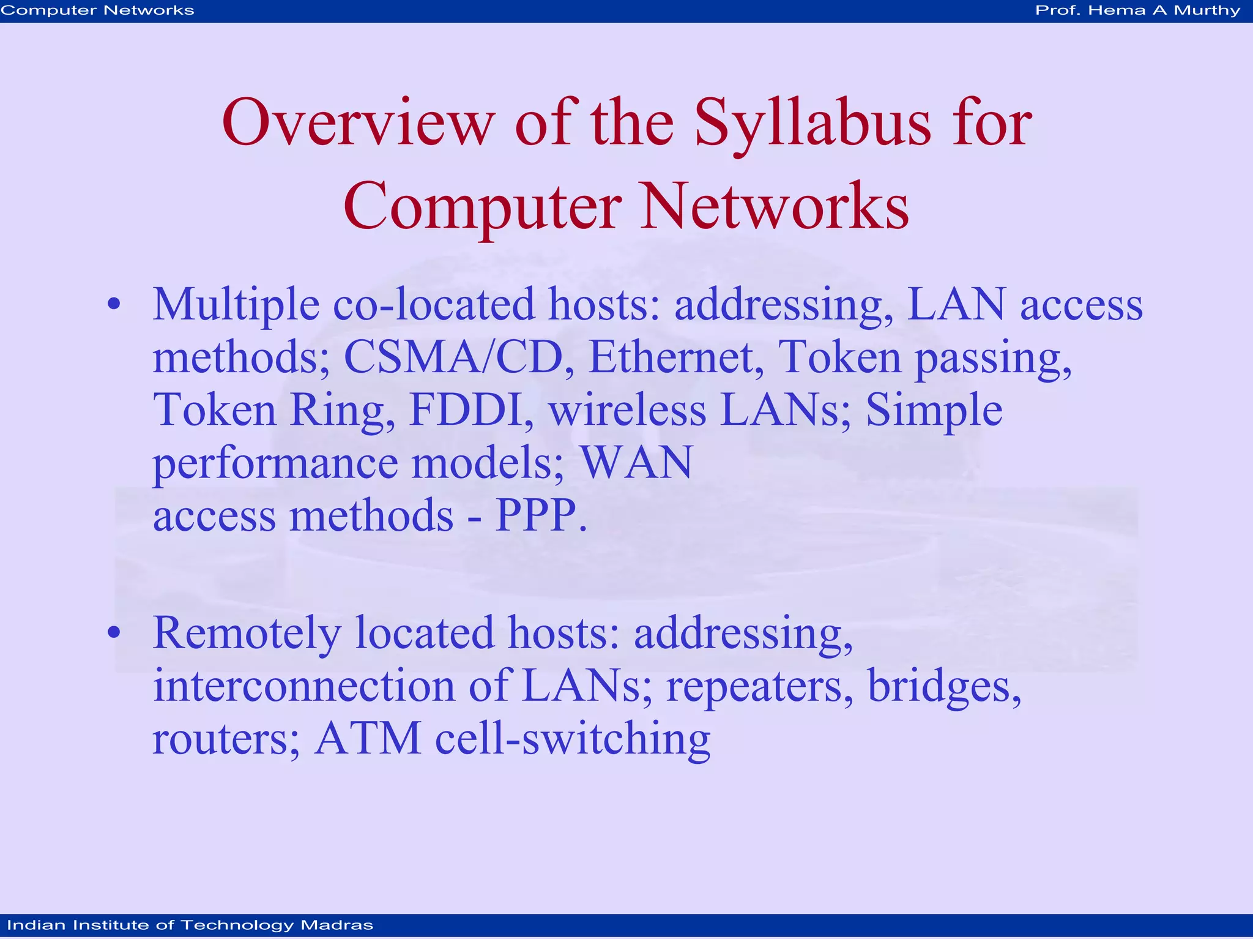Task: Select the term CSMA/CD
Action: tap(453, 357)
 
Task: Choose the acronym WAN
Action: tap(636, 462)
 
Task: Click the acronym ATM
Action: tap(368, 738)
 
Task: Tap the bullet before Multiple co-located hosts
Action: tap(114, 305)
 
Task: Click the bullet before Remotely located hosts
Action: tap(114, 632)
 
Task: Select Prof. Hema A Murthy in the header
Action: tap(1137, 10)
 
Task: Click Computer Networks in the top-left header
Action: tap(97, 10)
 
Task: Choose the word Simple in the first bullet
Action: tap(934, 410)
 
